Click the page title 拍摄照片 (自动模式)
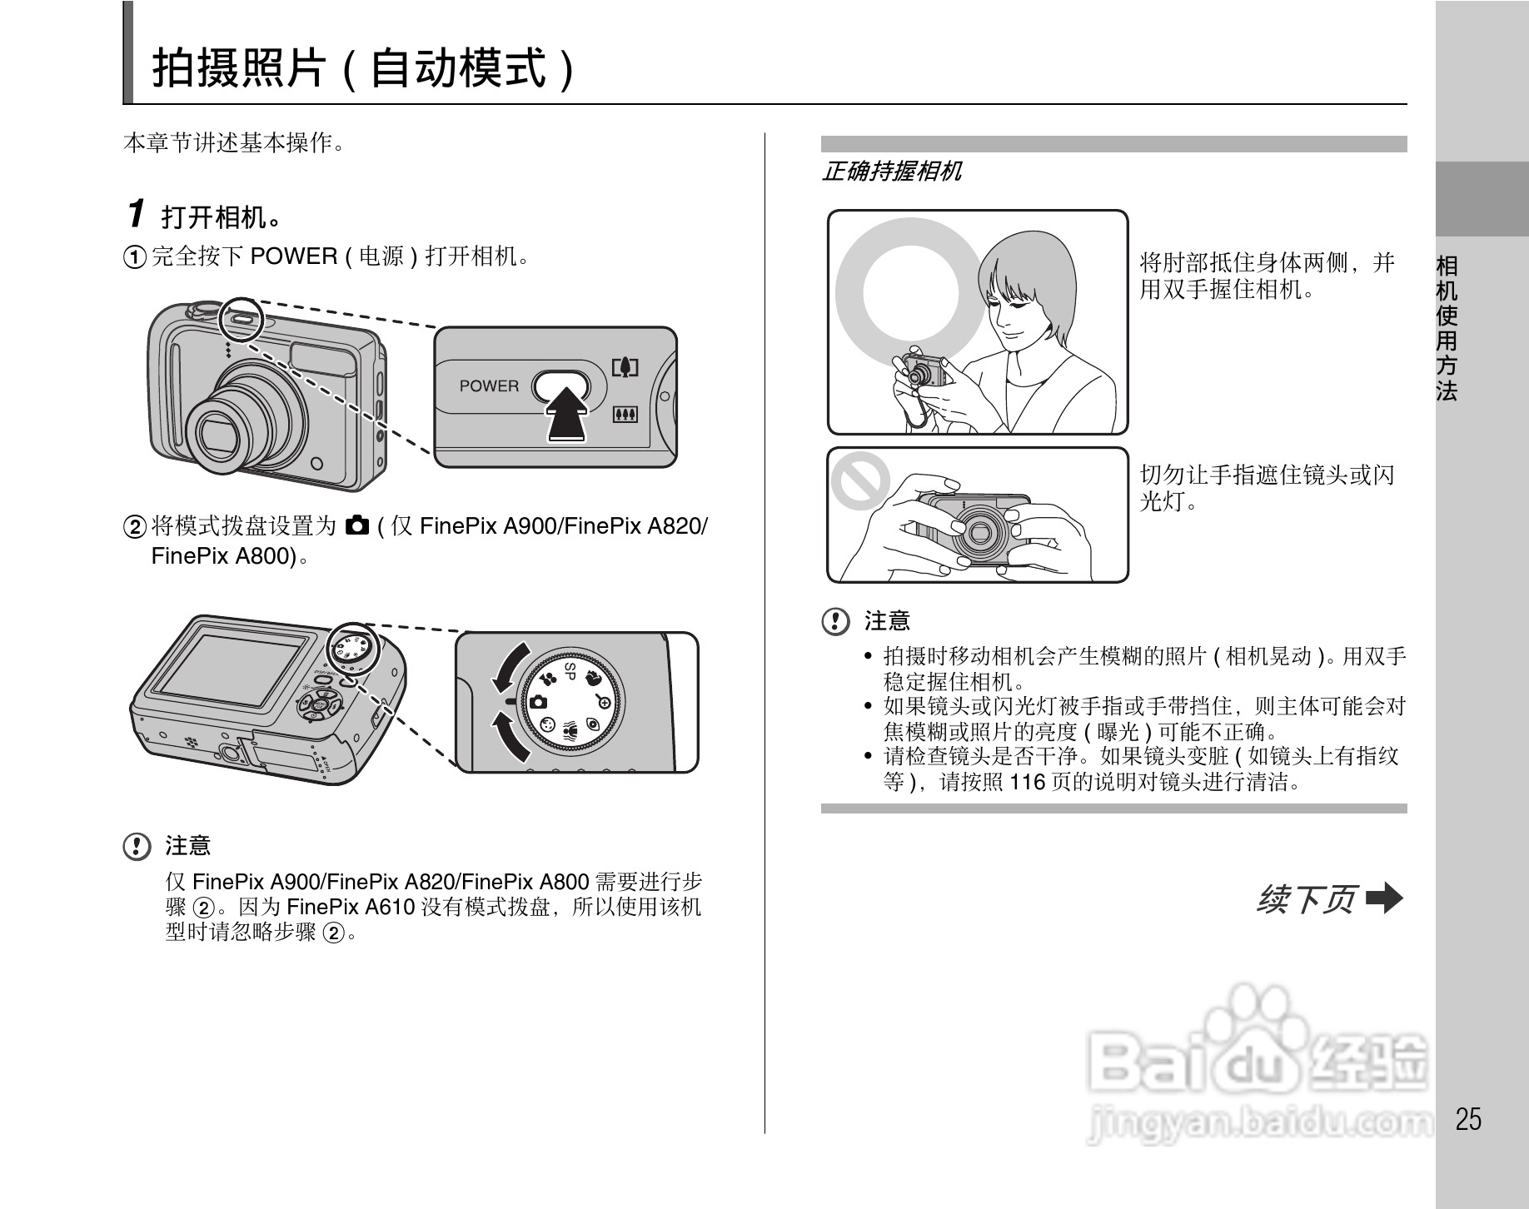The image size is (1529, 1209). coord(363,68)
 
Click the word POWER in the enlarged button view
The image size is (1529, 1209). coord(489,386)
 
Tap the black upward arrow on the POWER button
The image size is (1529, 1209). coord(565,414)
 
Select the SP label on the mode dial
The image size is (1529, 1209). coord(570,672)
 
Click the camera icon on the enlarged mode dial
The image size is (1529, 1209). coord(539,702)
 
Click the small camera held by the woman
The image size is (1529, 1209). coord(924,370)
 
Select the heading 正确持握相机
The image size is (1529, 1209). coord(891,172)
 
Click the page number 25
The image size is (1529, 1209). coord(1468,1119)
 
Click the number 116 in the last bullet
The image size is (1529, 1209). coord(1026,782)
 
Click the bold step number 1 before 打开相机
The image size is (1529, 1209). coord(137,214)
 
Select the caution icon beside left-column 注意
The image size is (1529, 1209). coord(137,847)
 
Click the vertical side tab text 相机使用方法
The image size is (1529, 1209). coord(1447,328)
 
